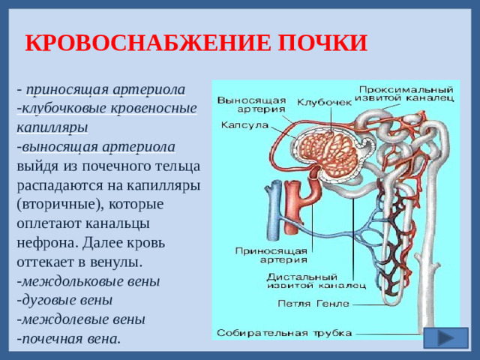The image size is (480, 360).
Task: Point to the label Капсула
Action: coord(244,125)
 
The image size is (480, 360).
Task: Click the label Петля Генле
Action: coord(313,304)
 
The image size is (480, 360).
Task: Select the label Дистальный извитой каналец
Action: coord(316,280)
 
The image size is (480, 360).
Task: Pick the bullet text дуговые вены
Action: coord(67,300)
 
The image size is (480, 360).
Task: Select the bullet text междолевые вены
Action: coord(83,319)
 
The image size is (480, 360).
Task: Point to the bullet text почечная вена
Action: coord(71,337)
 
